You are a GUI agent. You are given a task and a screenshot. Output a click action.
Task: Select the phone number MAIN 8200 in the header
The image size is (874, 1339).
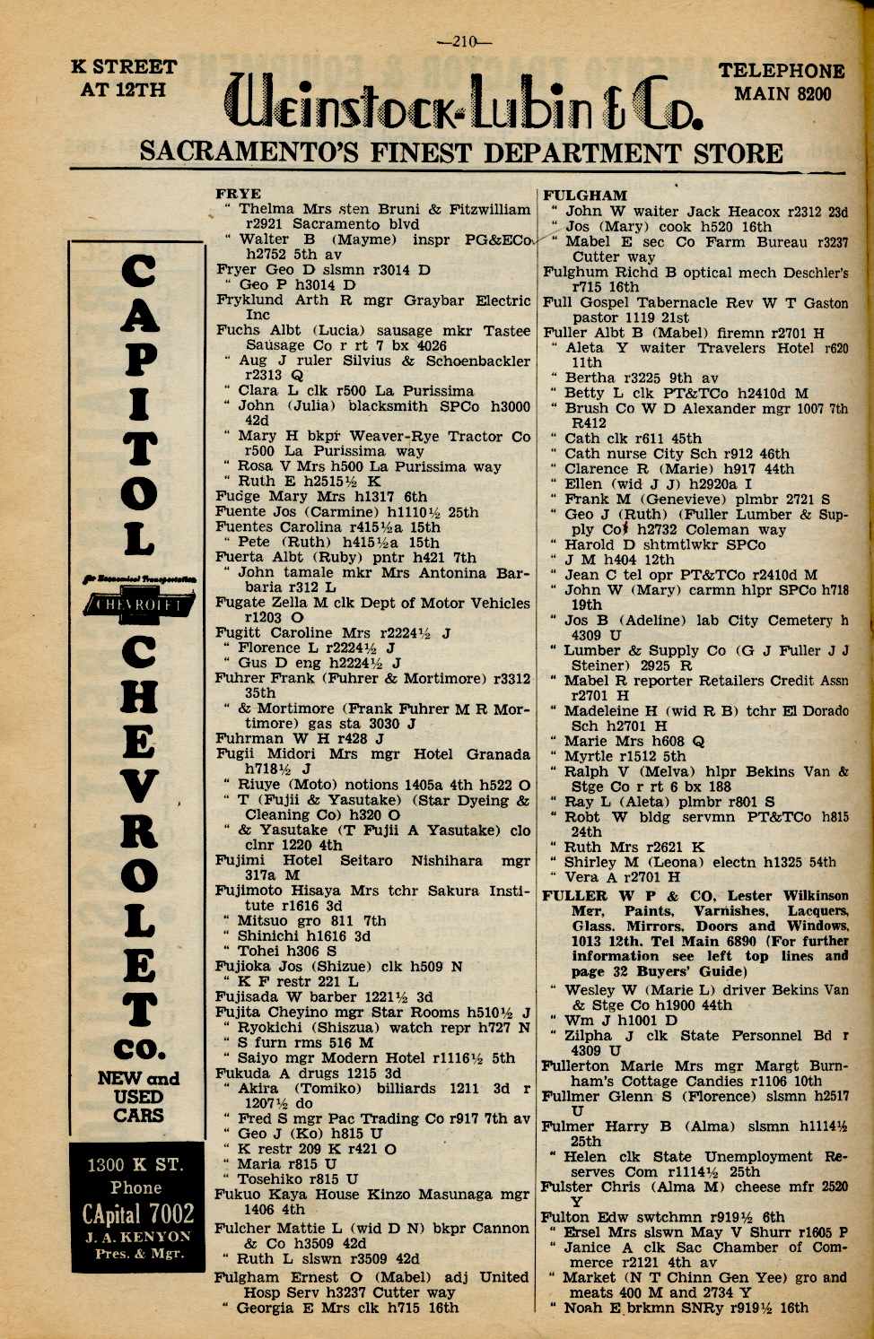point(782,93)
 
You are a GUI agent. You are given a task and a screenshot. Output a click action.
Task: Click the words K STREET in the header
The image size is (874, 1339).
point(124,67)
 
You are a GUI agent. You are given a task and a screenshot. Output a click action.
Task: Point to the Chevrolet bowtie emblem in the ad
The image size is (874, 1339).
point(138,606)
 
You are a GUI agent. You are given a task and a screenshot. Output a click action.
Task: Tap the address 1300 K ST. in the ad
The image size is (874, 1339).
point(135,1165)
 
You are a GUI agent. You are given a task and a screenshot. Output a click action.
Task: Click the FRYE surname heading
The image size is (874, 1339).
point(239,194)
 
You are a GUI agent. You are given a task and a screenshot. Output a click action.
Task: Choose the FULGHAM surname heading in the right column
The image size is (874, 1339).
point(585,196)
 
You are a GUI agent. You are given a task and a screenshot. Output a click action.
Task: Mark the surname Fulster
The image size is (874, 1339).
point(566,1187)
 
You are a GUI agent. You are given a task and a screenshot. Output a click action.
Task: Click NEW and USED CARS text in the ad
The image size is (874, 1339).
point(138,1097)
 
